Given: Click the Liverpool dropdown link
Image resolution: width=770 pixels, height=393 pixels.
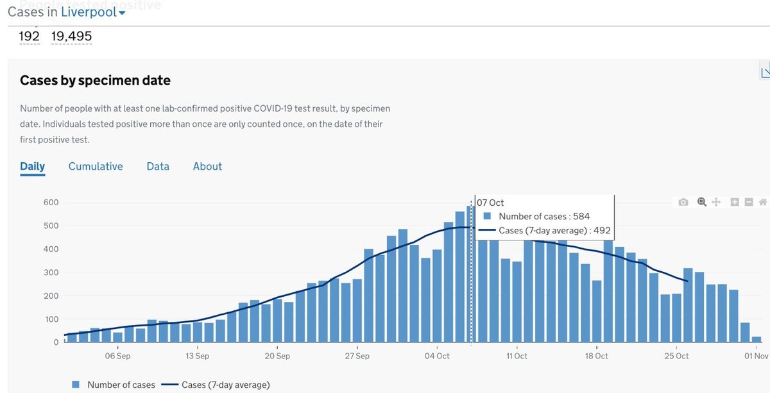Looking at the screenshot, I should coord(93,12).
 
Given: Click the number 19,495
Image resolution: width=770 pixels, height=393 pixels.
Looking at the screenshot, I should coord(71,36).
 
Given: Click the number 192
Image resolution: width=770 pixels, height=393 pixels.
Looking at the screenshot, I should coord(30,36).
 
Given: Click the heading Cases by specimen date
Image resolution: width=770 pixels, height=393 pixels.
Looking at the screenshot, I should coord(95,80).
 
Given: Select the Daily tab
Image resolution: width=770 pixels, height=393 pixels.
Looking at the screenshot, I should coord(33,166).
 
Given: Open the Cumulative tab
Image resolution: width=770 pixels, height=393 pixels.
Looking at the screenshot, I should coord(96,166).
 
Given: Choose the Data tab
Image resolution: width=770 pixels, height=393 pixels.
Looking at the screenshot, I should coord(158,166).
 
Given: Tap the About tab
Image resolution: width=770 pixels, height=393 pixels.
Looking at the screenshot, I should coord(207,166).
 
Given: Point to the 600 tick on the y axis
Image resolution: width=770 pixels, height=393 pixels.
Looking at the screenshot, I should coord(51,203).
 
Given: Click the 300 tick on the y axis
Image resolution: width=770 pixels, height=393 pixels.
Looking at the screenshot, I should coord(51,272).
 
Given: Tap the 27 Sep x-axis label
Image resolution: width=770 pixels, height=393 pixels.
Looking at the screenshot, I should coord(357,356).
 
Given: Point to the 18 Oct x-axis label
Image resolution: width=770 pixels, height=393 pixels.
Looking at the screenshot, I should coord(597,356).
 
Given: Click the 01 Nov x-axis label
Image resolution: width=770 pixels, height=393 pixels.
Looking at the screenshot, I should coord(756,356).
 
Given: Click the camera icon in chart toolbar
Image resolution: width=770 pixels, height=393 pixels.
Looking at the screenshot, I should coord(683,203).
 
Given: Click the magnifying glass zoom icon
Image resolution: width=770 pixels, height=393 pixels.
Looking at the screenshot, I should coord(701,203).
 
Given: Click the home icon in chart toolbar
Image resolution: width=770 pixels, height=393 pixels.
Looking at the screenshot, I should coord(763,203).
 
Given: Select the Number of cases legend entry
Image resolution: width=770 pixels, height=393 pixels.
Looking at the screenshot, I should coord(114,385).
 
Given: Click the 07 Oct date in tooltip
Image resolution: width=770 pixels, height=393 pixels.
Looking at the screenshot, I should coord(491,203).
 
